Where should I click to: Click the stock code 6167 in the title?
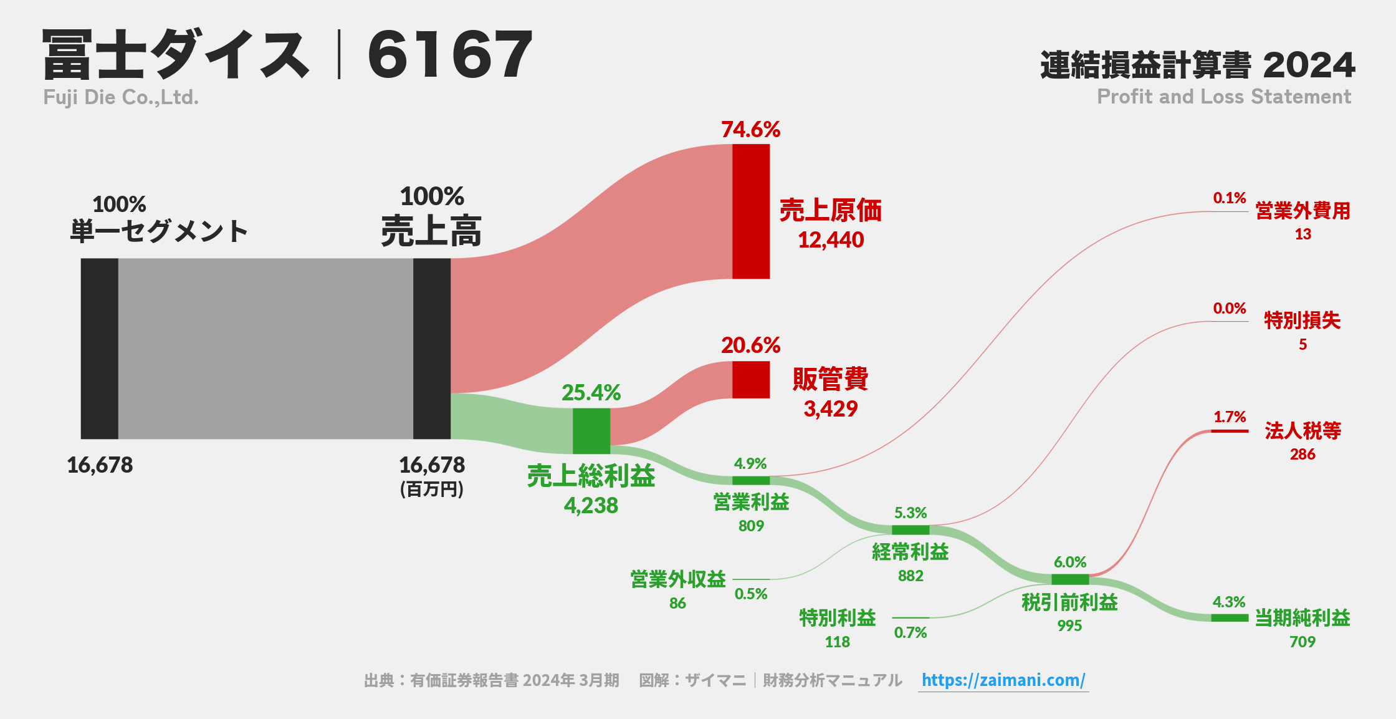click(450, 55)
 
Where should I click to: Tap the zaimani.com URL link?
click(1003, 680)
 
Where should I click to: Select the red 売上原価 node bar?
click(750, 211)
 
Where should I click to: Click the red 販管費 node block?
click(750, 379)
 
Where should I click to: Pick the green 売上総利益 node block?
click(591, 431)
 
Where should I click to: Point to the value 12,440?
click(831, 240)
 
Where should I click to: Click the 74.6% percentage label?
click(750, 130)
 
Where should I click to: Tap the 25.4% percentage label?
click(591, 393)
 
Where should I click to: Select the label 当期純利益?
click(1302, 618)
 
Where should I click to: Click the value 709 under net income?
click(1302, 642)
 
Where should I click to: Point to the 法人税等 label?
click(1303, 430)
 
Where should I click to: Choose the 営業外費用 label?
click(1303, 211)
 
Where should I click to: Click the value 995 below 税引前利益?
click(1069, 625)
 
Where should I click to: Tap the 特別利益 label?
click(837, 618)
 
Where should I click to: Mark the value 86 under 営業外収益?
click(677, 603)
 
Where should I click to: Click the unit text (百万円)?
click(431, 489)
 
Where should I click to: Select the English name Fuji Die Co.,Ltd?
click(121, 97)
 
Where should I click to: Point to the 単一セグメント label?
click(159, 231)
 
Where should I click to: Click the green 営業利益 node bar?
click(750, 480)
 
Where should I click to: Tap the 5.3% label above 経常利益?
click(910, 513)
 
